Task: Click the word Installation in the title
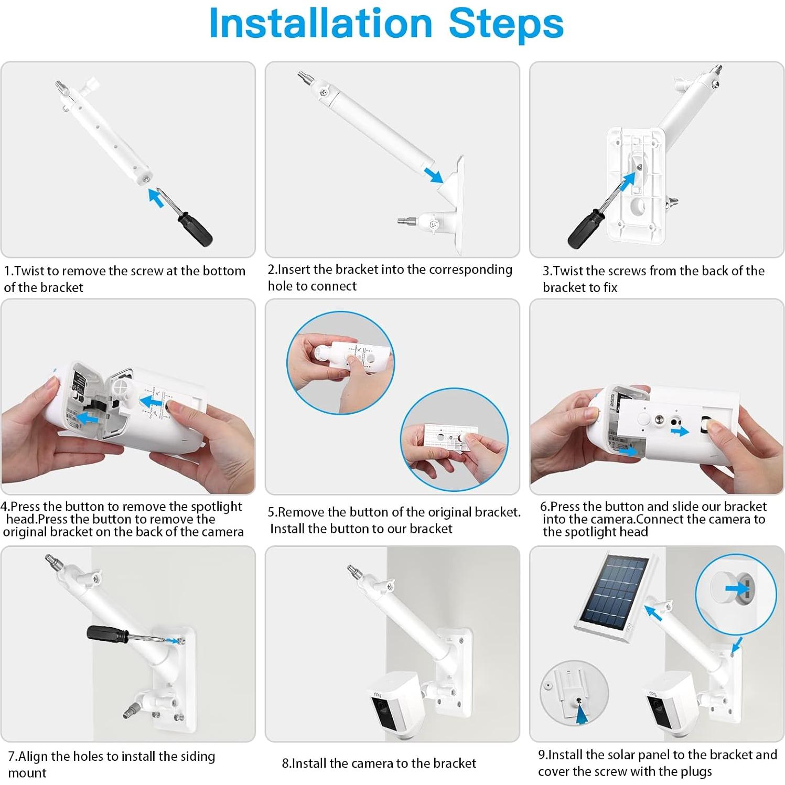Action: click(x=320, y=23)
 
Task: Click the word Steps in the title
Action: click(x=506, y=23)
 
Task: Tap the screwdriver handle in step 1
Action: click(x=195, y=228)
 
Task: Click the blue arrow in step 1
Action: click(x=156, y=198)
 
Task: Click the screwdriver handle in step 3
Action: click(x=583, y=230)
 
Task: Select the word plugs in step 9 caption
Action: click(x=695, y=772)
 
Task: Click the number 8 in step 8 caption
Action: click(x=285, y=764)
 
